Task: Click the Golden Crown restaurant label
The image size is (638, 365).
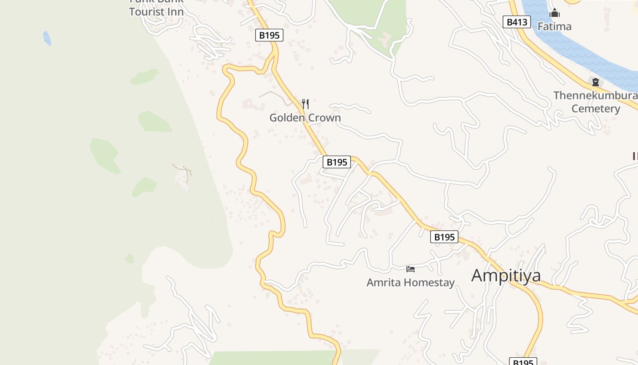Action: (305, 118)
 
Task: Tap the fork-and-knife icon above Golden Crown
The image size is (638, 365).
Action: (305, 104)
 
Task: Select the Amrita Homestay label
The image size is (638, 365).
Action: (411, 282)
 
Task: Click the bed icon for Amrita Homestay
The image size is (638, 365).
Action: (411, 269)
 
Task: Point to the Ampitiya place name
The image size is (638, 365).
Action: (506, 276)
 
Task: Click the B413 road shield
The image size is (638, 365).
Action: (517, 22)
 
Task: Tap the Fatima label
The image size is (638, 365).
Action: (554, 26)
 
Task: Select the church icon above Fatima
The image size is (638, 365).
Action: (554, 13)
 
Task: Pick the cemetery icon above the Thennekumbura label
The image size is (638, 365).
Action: (595, 83)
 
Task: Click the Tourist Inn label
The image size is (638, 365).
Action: (156, 12)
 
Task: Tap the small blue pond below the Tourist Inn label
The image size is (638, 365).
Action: (47, 38)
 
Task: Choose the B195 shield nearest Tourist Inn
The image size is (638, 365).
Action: (269, 35)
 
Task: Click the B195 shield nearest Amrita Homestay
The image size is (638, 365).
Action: (444, 237)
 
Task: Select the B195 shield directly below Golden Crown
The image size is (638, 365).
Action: (337, 162)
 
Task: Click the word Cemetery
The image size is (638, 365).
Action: (596, 109)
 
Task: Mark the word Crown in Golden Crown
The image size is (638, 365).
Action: (324, 118)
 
